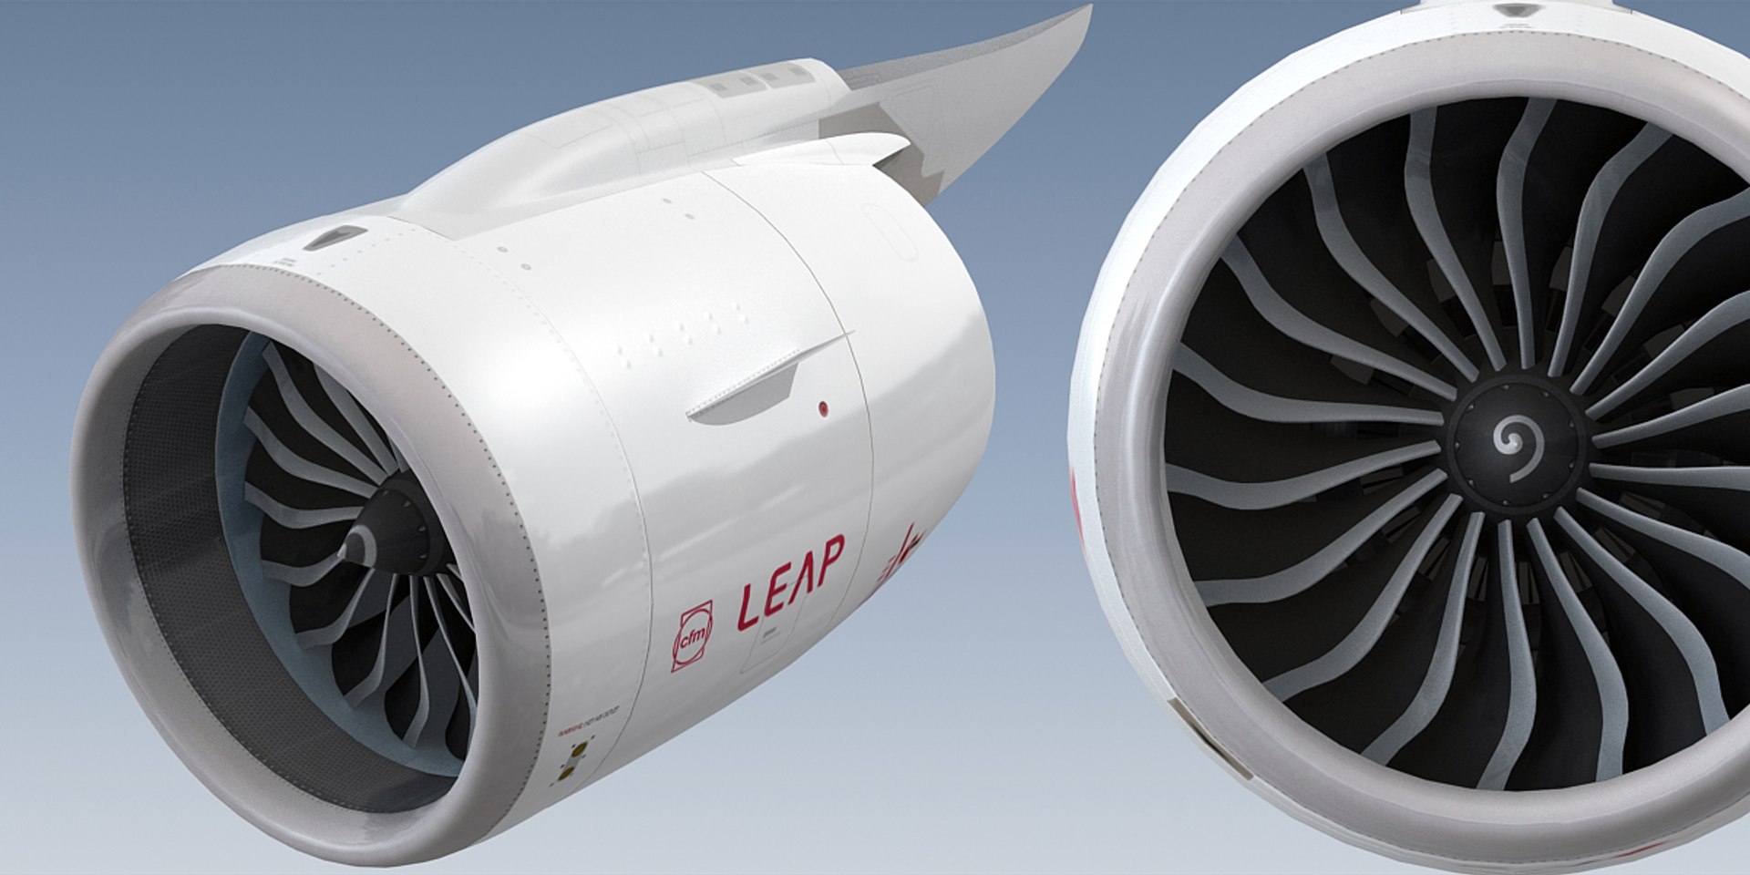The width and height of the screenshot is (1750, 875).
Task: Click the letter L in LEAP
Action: [x=748, y=606]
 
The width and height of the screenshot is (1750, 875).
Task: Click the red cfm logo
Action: [x=692, y=636]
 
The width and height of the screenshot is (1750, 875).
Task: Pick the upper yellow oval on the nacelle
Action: [x=575, y=749]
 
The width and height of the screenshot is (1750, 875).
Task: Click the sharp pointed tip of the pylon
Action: [x=1088, y=9]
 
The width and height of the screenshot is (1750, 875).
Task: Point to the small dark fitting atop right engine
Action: [x=1515, y=9]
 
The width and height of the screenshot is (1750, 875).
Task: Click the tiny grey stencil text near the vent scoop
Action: [x=283, y=262]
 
